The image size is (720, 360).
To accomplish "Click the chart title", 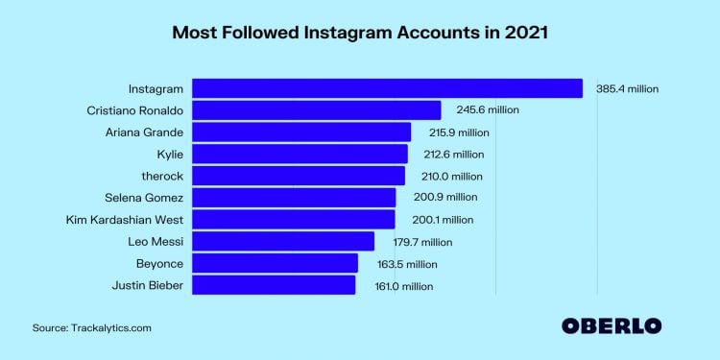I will click(360, 32).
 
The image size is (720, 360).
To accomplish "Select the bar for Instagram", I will click(388, 88).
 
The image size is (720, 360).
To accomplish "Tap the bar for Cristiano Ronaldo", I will click(317, 109).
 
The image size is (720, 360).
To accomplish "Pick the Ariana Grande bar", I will click(301, 132).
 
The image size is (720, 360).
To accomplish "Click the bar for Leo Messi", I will click(283, 241).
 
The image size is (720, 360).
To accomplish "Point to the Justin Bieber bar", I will click(274, 285).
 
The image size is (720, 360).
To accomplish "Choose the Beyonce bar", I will click(276, 263).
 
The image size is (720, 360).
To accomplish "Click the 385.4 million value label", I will click(627, 88).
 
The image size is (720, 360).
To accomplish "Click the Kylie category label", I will click(168, 154).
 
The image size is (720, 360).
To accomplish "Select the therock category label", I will click(162, 176).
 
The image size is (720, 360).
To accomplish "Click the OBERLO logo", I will click(612, 324).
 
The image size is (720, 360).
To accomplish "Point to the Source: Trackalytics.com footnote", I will click(92, 328).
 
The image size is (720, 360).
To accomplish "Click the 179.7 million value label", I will click(419, 242).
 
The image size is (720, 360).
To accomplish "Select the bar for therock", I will click(299, 176).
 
